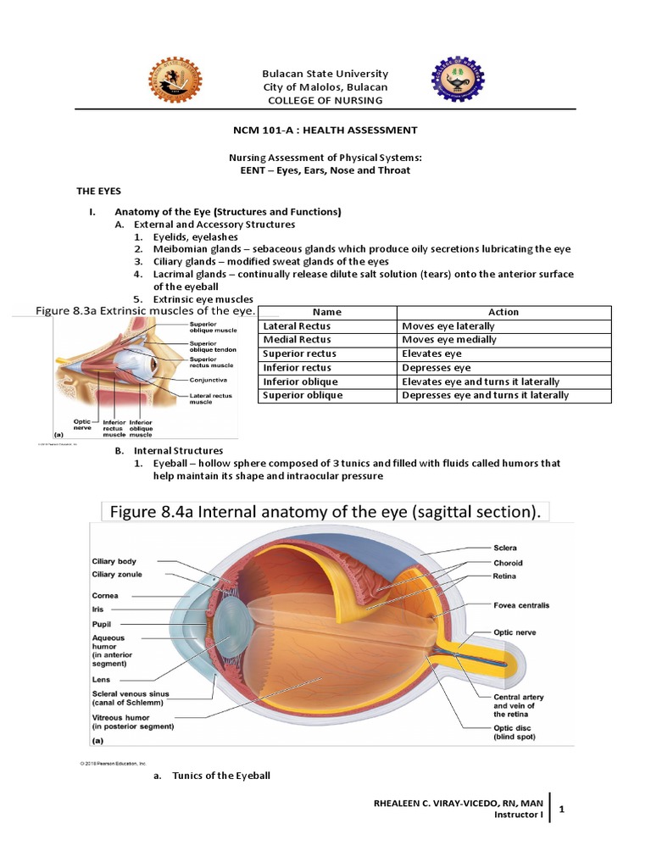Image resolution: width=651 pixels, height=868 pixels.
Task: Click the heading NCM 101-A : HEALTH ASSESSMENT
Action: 325,130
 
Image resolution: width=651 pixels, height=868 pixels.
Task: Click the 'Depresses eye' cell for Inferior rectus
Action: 437,368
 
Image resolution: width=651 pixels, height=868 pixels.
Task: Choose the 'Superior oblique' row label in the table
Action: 303,395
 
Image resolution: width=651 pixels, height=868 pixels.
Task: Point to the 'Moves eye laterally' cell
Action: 448,326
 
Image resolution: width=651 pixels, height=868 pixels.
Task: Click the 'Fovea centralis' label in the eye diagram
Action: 521,605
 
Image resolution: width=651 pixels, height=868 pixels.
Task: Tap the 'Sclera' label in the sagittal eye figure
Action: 505,548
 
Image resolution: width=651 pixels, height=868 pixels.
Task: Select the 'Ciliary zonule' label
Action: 117,575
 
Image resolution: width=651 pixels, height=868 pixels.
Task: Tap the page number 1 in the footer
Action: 562,810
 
